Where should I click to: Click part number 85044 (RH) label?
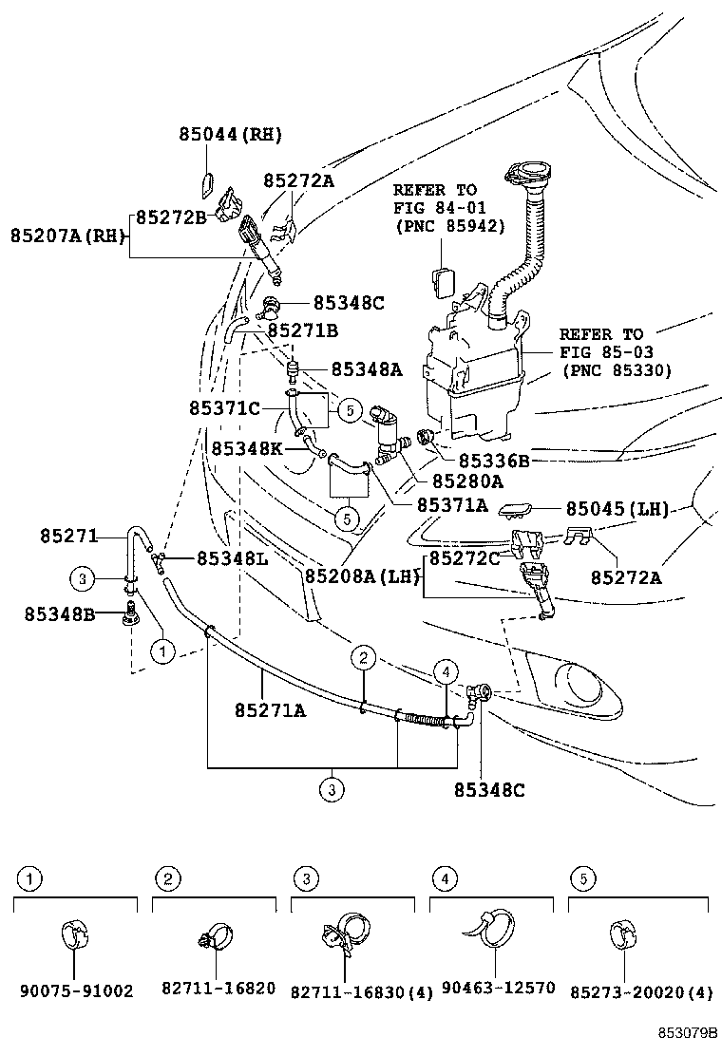(x=230, y=135)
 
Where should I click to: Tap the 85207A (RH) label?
(x=68, y=236)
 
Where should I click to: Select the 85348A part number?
(x=367, y=368)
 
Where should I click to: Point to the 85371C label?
(x=224, y=407)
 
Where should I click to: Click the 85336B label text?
(x=494, y=461)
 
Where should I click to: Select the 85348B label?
(x=60, y=614)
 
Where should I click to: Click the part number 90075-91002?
(x=76, y=990)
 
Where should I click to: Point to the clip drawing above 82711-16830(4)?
(x=345, y=933)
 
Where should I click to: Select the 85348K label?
(x=247, y=447)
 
